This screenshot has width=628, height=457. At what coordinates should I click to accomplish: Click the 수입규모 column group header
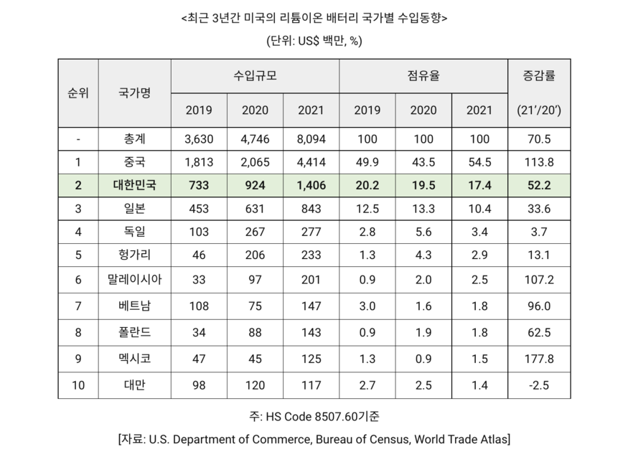(x=254, y=75)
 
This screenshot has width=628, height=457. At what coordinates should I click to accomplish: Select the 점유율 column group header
(x=423, y=75)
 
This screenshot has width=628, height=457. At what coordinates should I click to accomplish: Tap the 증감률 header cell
(x=538, y=75)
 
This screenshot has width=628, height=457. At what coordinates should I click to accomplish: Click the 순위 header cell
(x=78, y=93)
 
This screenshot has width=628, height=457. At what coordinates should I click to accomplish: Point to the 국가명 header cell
(x=134, y=93)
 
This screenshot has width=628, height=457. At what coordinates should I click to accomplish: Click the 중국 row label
(x=134, y=161)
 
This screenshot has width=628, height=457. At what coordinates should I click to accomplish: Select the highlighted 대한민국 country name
(x=134, y=185)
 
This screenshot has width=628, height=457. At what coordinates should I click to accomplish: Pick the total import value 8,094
(x=310, y=138)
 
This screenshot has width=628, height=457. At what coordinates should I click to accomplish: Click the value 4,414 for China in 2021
(x=310, y=161)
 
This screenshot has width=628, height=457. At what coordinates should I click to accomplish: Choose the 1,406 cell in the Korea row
(x=310, y=185)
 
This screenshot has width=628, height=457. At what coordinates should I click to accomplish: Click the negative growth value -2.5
(x=538, y=385)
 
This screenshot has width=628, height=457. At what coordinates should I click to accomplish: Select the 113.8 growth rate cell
(x=538, y=161)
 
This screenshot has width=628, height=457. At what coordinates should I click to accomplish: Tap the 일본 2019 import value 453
(x=198, y=208)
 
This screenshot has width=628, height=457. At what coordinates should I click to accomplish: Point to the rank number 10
(x=78, y=385)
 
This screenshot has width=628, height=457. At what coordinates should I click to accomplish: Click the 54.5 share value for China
(x=479, y=161)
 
